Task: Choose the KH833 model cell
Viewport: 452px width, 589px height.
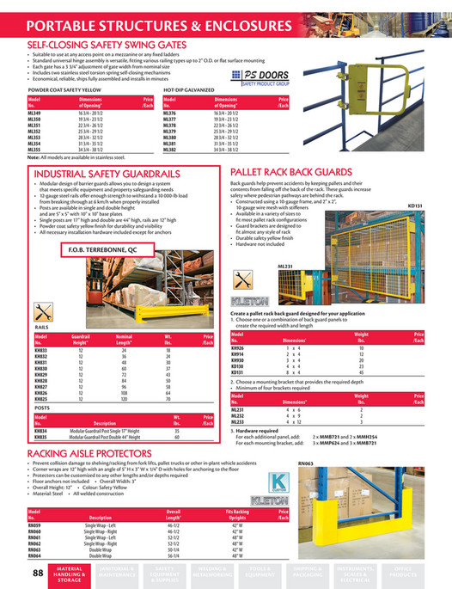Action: (x=41, y=352)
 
